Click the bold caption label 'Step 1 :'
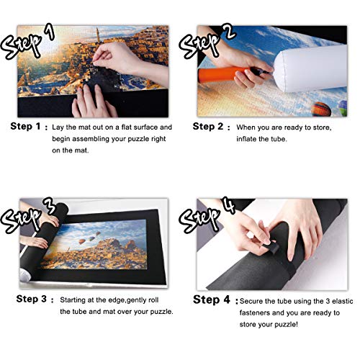pyautogui.click(x=30, y=127)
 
